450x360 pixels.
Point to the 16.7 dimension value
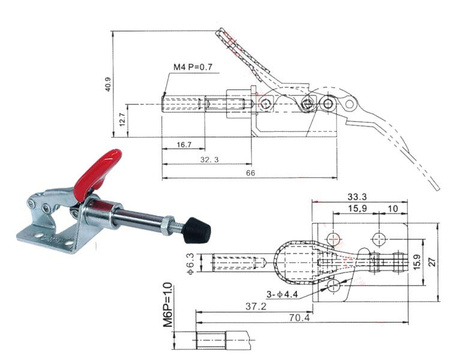182,145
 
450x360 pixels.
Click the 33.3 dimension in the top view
357,197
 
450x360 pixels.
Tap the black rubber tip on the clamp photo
198,231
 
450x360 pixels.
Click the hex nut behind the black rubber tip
179,226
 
